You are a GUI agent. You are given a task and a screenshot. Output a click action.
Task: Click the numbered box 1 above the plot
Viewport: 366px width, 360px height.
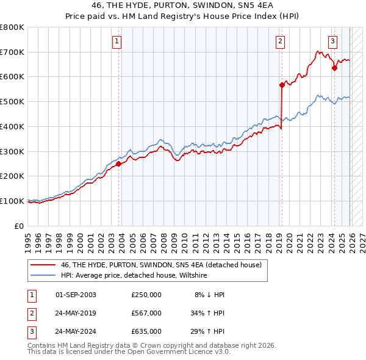point(117,41)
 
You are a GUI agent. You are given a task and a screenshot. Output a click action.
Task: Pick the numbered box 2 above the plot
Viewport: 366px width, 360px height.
point(280,41)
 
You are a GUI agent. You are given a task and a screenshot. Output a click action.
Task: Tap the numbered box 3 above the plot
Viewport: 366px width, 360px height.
point(332,41)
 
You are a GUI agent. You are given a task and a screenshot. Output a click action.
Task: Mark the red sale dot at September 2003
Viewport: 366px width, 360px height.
point(118,164)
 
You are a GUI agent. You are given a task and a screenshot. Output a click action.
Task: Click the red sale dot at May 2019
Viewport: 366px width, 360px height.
point(282,85)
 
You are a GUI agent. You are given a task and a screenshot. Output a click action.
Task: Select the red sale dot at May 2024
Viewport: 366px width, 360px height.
point(334,68)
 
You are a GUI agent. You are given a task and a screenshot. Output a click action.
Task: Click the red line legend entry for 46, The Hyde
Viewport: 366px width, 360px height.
point(161,265)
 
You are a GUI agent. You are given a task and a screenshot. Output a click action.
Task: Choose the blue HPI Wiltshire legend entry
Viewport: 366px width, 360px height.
point(134,276)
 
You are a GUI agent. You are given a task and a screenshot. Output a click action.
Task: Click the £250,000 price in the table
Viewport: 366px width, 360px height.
point(146,294)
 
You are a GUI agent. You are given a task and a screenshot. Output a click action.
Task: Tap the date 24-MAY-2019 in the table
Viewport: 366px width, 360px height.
point(76,313)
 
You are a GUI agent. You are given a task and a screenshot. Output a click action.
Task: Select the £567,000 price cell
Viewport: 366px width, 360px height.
point(146,313)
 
